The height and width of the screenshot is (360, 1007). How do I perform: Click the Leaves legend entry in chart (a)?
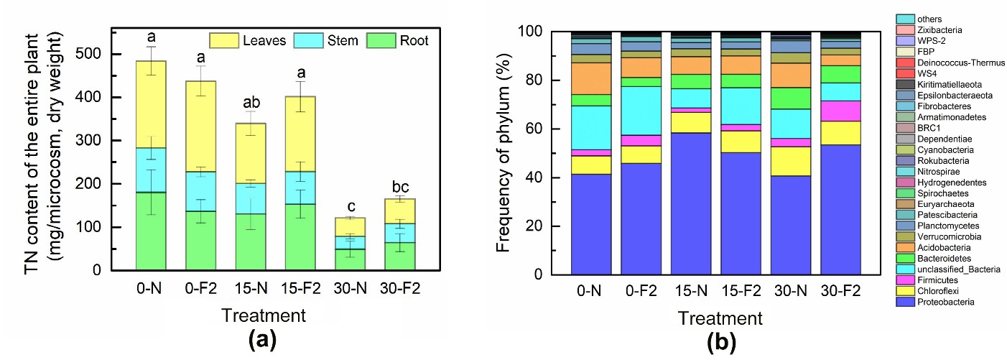[251, 40]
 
